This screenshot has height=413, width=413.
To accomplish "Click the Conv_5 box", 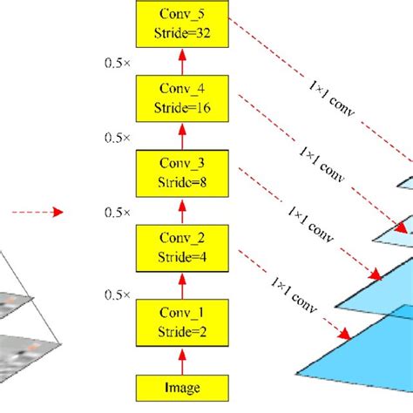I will click(182, 24).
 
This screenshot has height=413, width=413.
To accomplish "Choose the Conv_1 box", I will click(182, 322).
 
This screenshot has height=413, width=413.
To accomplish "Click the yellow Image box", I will click(182, 388).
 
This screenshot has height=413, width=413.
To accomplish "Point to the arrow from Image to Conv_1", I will click(182, 361).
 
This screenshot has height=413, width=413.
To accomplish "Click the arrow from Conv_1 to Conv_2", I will click(182, 285).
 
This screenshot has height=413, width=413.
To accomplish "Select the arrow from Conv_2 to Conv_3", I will click(182, 212).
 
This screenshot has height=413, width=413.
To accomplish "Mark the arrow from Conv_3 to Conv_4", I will click(182, 138).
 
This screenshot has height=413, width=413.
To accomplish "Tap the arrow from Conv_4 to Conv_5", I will click(182, 63).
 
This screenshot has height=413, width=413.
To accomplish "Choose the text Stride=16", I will click(182, 110).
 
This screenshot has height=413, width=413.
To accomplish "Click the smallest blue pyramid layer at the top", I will click(406, 182).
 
